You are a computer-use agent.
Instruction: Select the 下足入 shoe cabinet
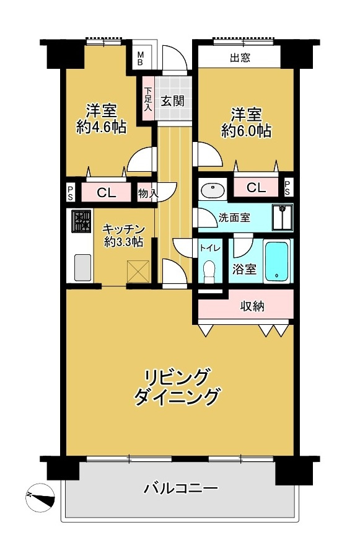pos(148,99)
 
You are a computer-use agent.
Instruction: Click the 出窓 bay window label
pos(239,60)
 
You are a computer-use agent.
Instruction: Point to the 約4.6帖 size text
pos(102,128)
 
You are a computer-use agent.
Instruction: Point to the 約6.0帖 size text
pos(247,131)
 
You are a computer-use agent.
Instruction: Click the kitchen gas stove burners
pos(81,221)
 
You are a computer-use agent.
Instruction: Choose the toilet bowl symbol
pos(209,270)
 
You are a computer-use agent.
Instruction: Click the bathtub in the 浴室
pos(276,262)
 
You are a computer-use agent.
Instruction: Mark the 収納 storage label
pos(252,306)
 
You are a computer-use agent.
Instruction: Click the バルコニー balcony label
pos(180,489)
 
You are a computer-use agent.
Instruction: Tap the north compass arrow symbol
pos(38,497)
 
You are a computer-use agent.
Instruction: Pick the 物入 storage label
pos(147,194)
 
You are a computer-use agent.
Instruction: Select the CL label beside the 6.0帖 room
pos(257,187)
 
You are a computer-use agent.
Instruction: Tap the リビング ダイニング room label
pos(178,386)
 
